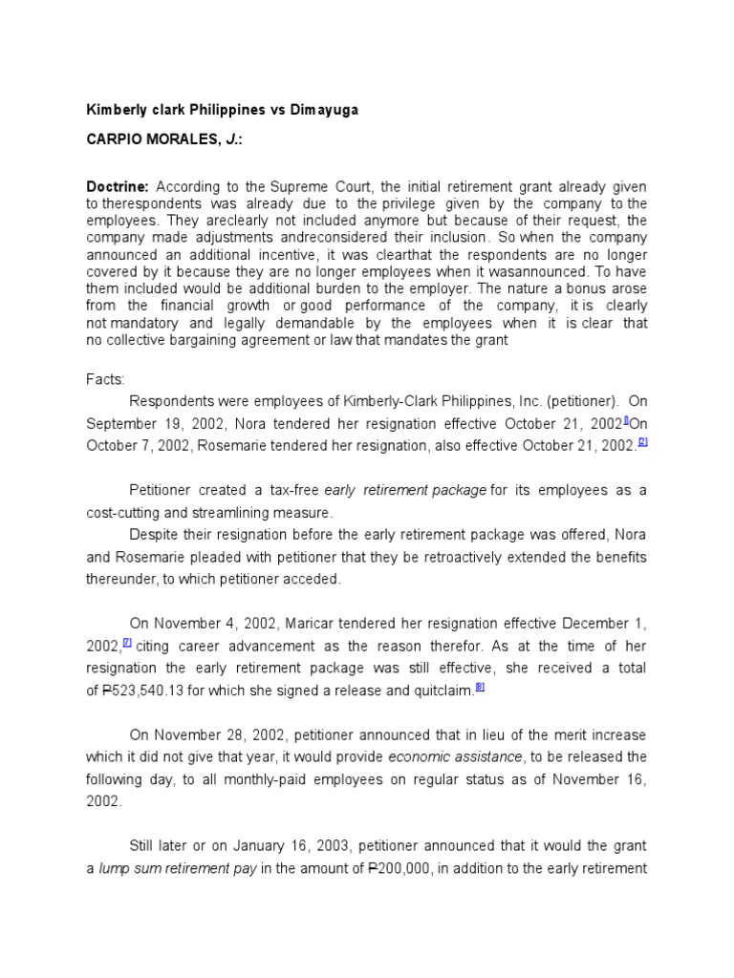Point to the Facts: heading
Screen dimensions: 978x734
click(106, 379)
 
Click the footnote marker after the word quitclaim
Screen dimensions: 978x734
click(480, 688)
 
